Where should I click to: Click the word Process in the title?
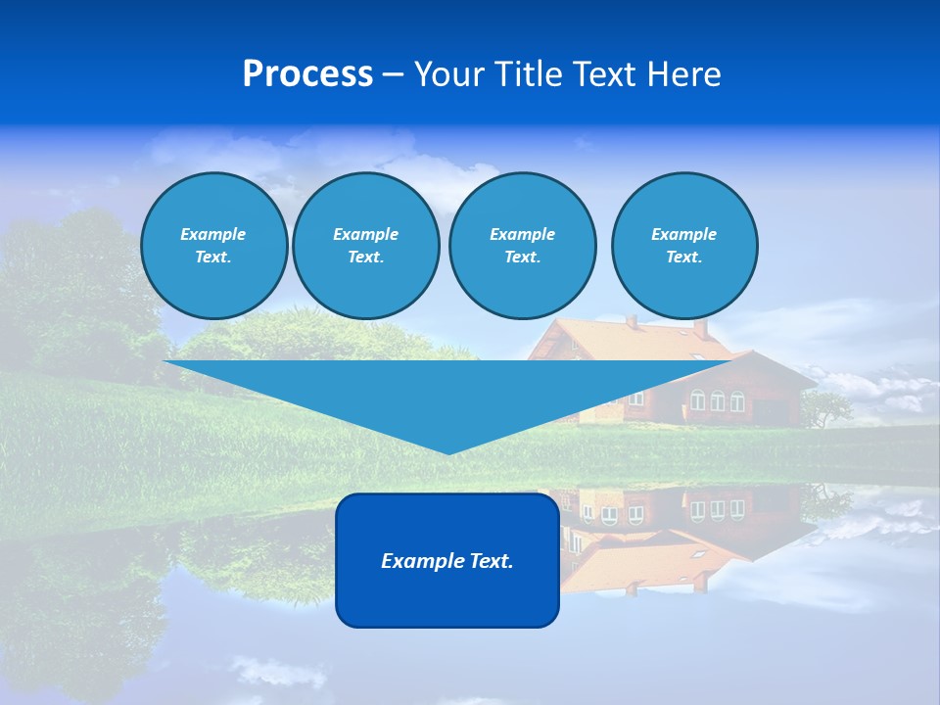pos(307,74)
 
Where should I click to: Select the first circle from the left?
pos(213,246)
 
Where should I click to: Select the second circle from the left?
pos(365,246)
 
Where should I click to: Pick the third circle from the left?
pos(522,246)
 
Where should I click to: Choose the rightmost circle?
pos(683,246)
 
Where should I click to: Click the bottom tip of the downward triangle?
pos(448,452)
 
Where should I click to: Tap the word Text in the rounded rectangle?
pos(492,561)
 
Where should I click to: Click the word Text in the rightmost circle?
pos(683,258)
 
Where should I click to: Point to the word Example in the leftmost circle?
pos(213,234)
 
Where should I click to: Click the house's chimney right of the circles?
pos(700,327)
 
